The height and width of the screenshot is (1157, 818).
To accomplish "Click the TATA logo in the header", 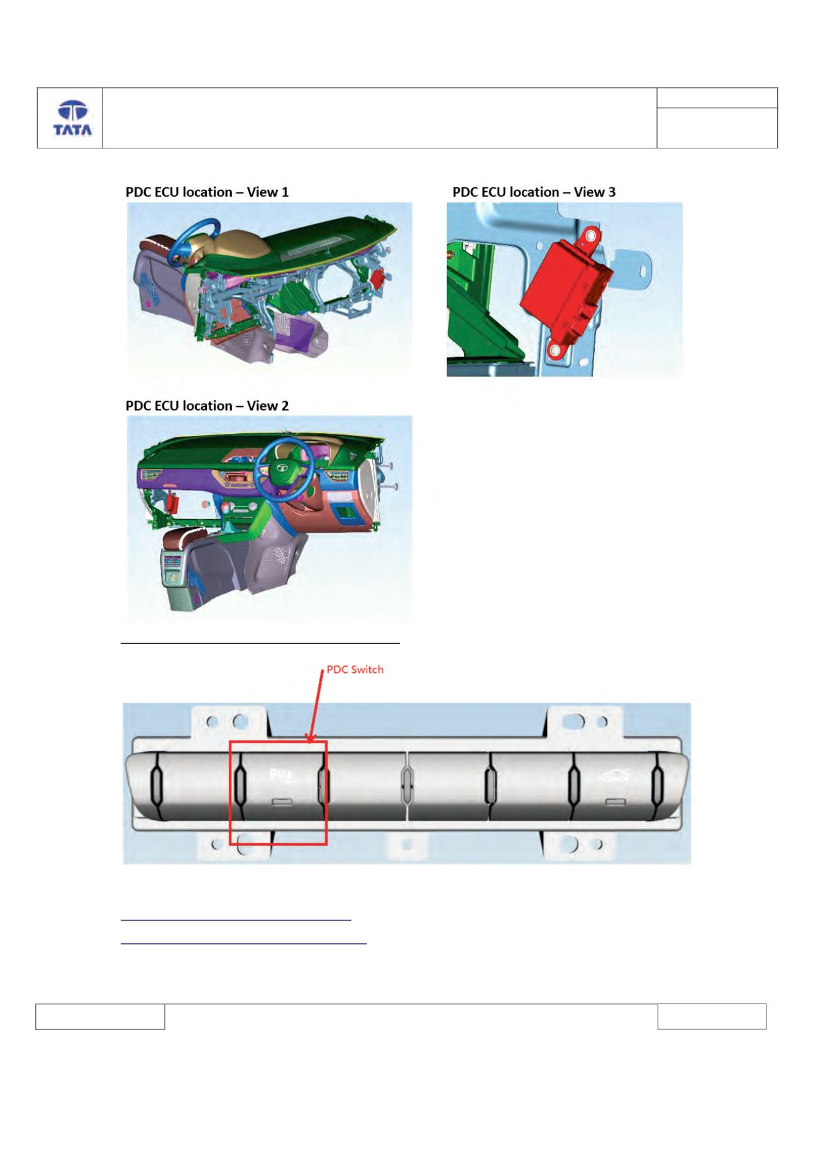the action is tap(72, 118).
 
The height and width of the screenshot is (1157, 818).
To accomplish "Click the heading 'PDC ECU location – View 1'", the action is tap(207, 192).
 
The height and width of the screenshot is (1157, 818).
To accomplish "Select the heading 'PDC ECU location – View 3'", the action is tap(534, 192).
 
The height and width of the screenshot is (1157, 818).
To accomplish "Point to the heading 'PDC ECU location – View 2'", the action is tap(207, 406).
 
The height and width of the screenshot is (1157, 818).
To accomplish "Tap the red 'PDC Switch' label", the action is tap(355, 670).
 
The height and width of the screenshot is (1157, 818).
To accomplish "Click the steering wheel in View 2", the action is tap(284, 468).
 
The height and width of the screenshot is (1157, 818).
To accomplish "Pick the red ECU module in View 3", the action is tap(566, 292).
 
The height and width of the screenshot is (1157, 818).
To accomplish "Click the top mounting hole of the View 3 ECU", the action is tap(590, 236).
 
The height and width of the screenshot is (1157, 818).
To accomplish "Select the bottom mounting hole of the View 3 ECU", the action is tap(555, 350).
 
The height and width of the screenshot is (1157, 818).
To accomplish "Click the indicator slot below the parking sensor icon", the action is tap(282, 802).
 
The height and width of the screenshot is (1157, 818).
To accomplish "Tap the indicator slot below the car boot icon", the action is tap(615, 802).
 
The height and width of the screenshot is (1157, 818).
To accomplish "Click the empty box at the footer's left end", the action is tap(100, 1017).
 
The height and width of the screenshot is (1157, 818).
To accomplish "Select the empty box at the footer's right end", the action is tap(712, 1017).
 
